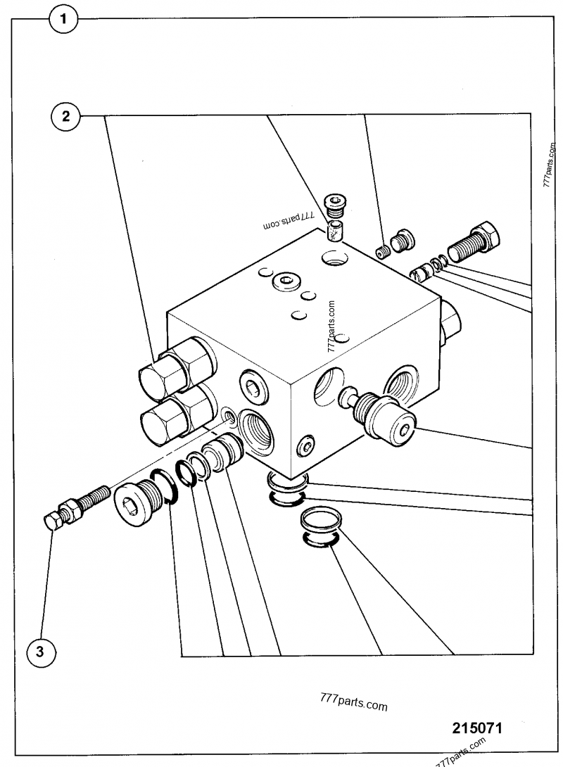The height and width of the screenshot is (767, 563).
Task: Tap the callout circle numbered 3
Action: click(x=40, y=652)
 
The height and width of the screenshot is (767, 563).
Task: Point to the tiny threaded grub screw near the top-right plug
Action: click(x=383, y=251)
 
